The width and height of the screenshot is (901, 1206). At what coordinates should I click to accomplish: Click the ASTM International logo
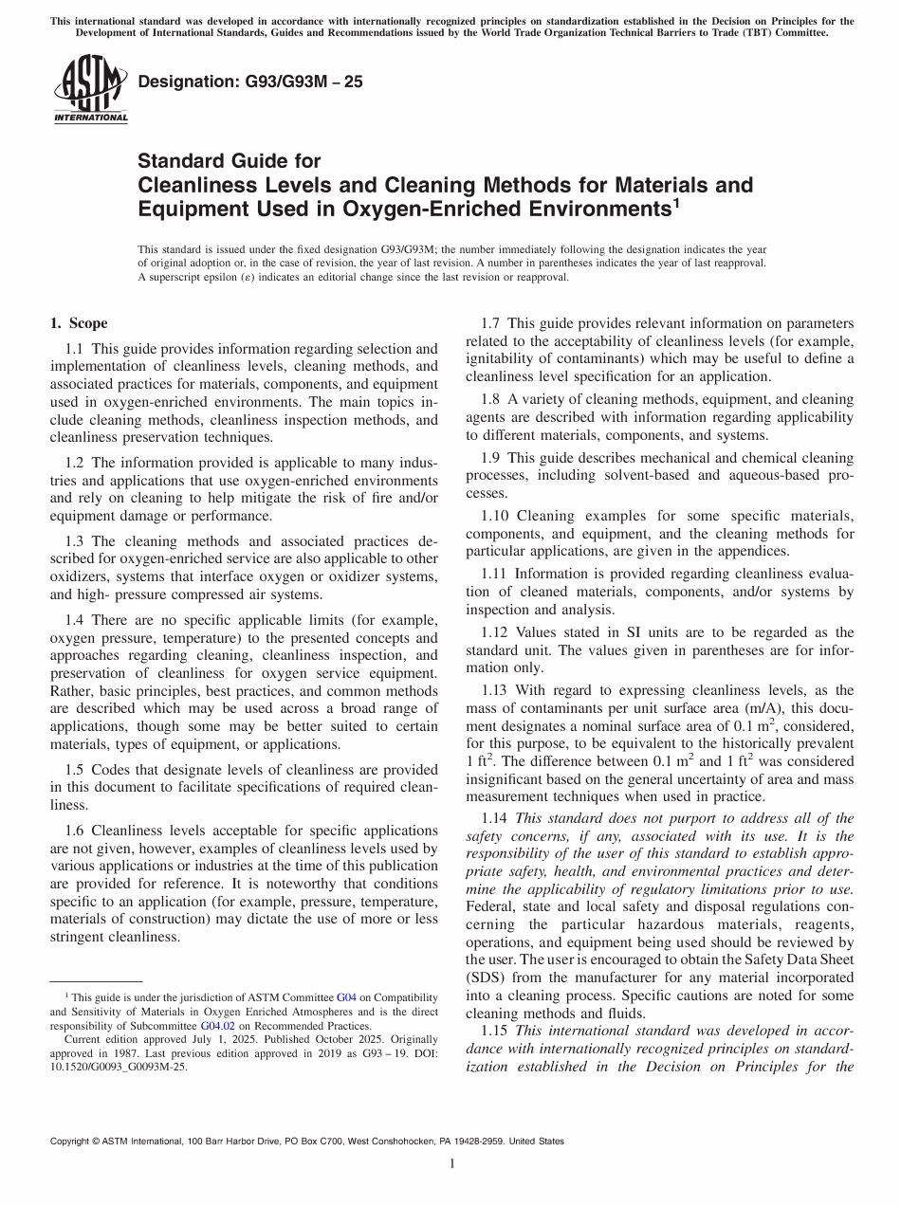point(89,88)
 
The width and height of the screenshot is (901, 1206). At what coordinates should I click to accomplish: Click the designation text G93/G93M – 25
point(250,82)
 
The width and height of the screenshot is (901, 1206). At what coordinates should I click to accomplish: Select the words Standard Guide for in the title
point(230,161)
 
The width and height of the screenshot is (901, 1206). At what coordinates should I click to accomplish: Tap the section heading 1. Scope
point(79,323)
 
